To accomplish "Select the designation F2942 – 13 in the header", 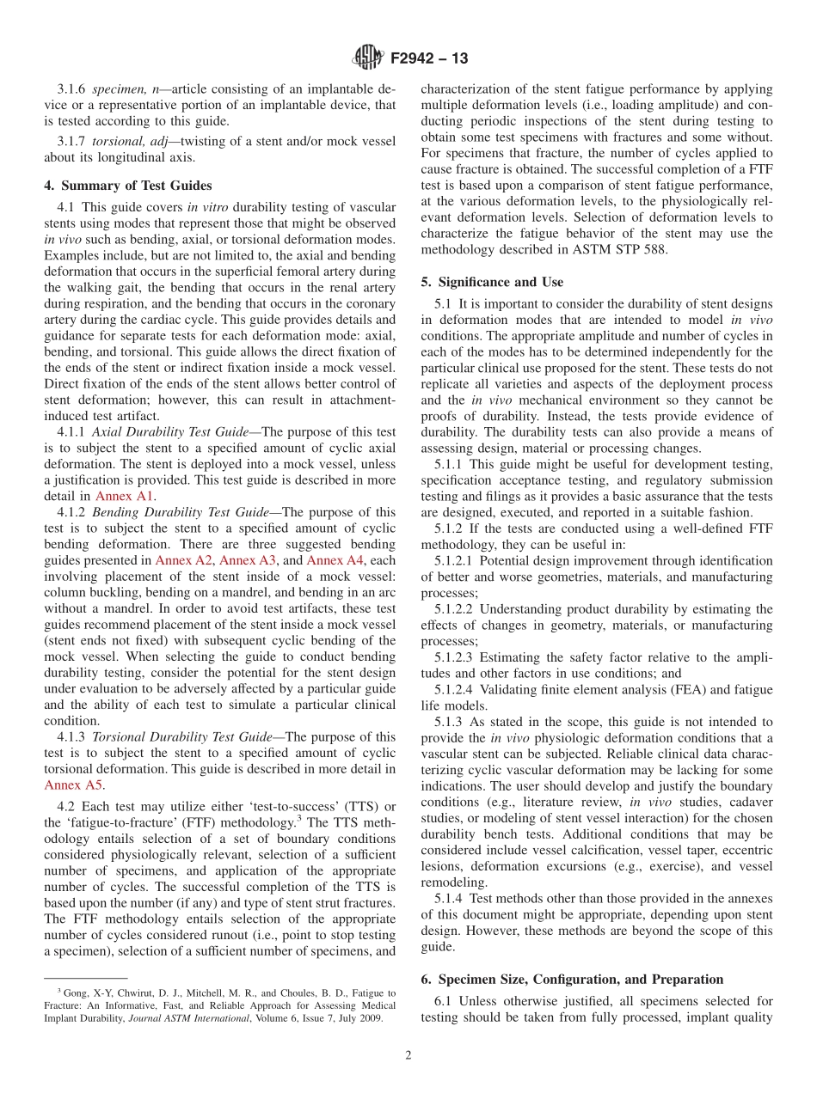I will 429,59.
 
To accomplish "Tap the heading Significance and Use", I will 492,282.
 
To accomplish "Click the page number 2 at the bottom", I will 408,1055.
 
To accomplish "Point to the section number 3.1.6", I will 72,89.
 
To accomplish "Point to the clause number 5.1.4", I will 451,898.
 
